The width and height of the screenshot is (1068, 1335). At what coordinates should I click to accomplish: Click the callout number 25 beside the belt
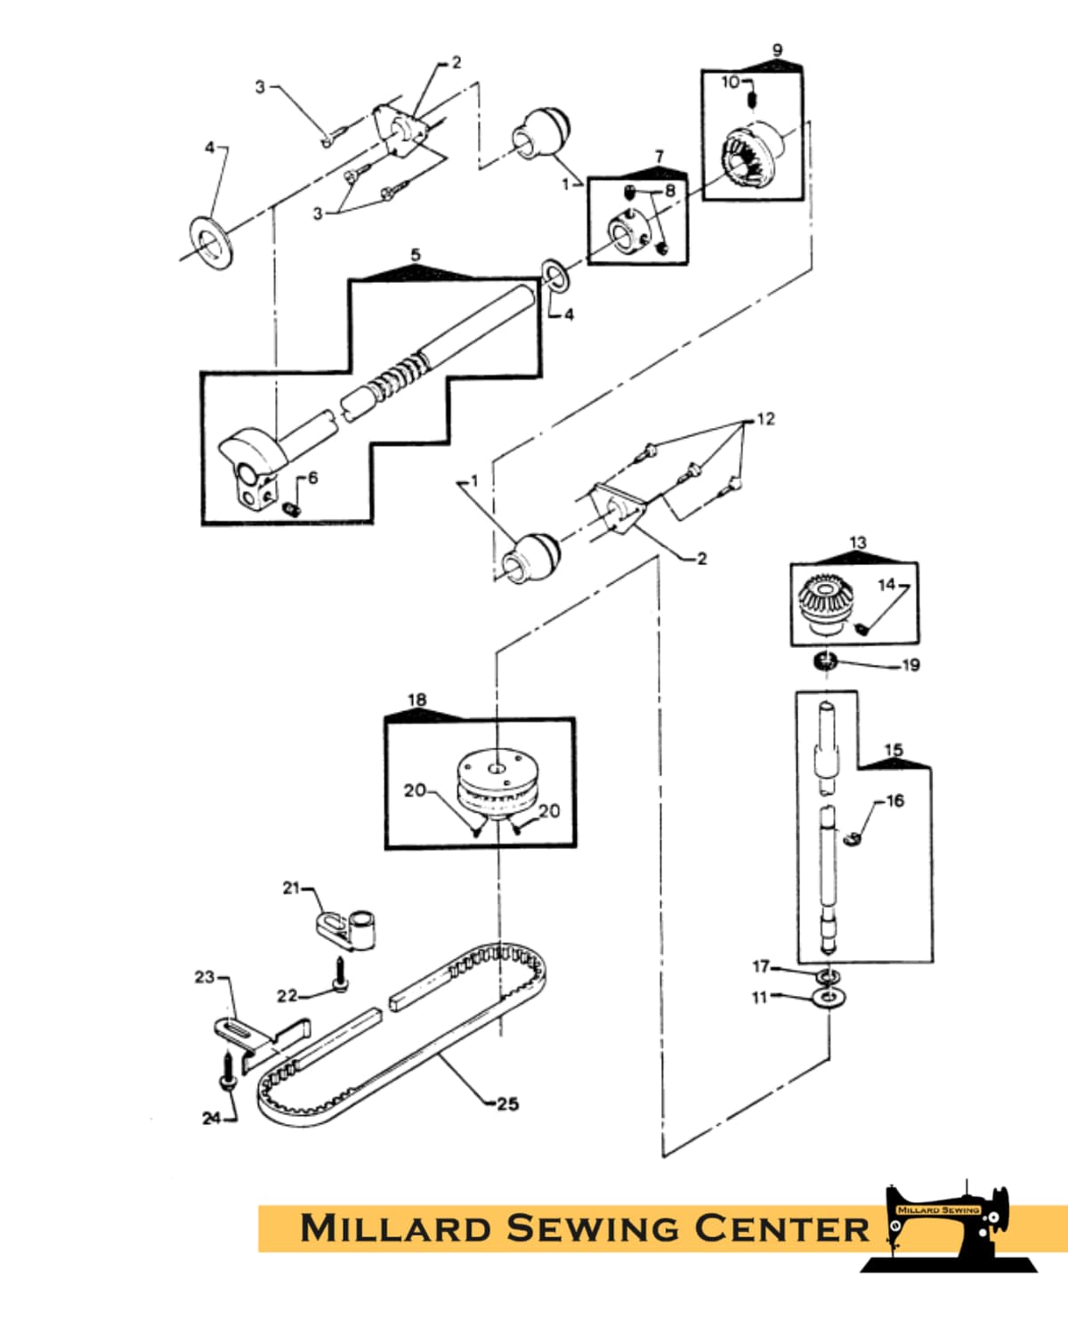pyautogui.click(x=507, y=1104)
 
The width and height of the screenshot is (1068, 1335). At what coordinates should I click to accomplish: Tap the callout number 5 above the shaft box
pyautogui.click(x=416, y=255)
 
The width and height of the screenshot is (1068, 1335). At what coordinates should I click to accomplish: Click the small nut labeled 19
pyautogui.click(x=827, y=660)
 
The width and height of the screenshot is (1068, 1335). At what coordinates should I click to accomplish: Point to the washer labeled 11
pyautogui.click(x=829, y=997)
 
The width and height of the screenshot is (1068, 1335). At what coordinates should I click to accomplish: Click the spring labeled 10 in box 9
pyautogui.click(x=752, y=95)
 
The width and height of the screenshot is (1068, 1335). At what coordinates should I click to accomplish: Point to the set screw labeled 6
pyautogui.click(x=289, y=508)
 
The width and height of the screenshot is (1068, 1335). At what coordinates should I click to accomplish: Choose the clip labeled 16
pyautogui.click(x=854, y=837)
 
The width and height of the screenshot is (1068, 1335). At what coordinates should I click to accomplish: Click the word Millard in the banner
pyautogui.click(x=396, y=1228)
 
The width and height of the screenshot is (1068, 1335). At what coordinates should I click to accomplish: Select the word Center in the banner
pyautogui.click(x=781, y=1228)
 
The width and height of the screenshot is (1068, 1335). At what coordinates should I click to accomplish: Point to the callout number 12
pyautogui.click(x=765, y=419)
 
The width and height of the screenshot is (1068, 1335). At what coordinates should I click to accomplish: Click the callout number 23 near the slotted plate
pyautogui.click(x=205, y=976)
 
